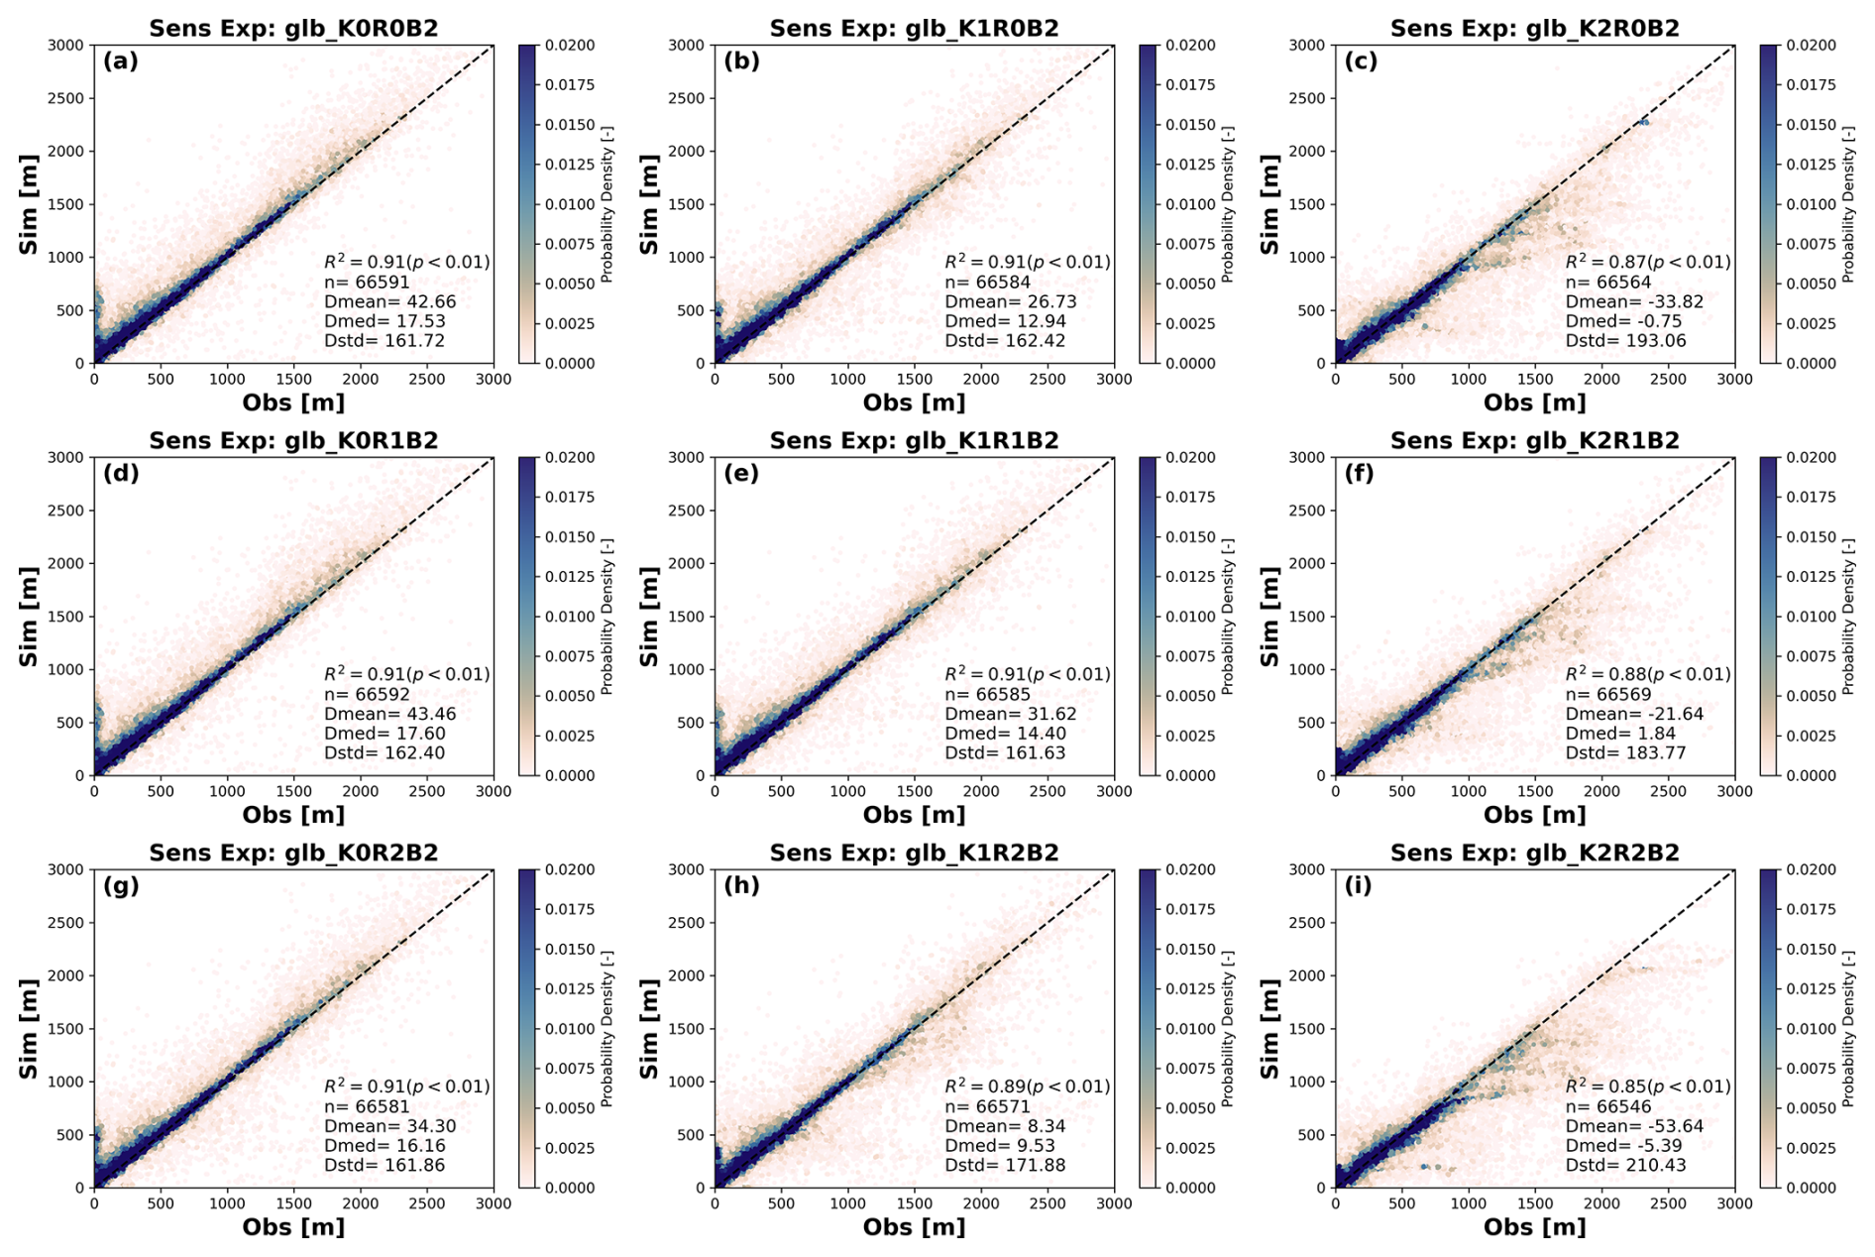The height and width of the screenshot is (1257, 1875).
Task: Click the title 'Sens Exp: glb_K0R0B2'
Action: [293, 28]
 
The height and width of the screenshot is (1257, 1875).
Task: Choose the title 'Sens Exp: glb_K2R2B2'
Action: [1534, 853]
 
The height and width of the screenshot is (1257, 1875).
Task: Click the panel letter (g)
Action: [121, 885]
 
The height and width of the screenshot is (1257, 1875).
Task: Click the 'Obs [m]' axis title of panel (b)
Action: [914, 402]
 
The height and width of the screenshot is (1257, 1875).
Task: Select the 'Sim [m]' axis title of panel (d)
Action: [29, 616]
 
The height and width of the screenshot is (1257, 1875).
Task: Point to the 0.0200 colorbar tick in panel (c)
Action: [1811, 46]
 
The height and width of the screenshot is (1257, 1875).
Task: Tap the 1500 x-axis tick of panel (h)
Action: [914, 1203]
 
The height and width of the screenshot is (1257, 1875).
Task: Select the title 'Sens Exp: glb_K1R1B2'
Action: [914, 440]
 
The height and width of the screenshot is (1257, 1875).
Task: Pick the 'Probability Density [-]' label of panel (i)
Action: [1848, 1028]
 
